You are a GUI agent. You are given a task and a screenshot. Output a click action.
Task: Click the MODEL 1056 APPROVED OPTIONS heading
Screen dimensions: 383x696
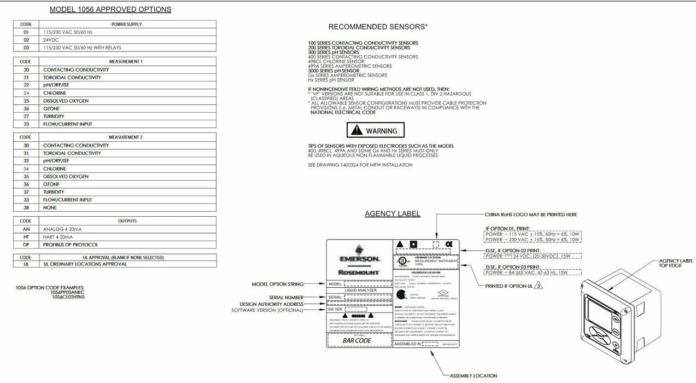[110, 9]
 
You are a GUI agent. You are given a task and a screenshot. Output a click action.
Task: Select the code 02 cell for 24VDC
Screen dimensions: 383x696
[26, 40]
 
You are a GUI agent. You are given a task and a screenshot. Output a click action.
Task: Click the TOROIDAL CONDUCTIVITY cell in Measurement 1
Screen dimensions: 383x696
[72, 78]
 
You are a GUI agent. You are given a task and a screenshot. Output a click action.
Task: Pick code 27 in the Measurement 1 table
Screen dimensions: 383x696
[26, 116]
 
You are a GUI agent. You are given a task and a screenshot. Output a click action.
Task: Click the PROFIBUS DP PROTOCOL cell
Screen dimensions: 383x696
[71, 245]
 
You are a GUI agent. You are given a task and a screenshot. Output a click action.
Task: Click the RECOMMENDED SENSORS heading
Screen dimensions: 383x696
[378, 26]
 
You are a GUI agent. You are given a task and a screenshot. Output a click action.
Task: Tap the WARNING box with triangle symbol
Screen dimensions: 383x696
[376, 131]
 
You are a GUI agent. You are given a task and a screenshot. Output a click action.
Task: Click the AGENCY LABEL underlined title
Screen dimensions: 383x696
[393, 213]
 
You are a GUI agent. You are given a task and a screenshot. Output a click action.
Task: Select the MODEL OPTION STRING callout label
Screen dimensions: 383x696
[277, 284]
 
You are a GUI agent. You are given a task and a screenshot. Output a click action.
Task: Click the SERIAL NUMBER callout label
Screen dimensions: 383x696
[285, 297]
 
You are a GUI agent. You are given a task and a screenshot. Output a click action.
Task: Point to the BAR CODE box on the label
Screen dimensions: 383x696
[357, 340]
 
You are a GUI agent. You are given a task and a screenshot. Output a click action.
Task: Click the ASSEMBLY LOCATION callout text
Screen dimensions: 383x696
[473, 376]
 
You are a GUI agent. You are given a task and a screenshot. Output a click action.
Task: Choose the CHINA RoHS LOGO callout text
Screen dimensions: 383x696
[530, 214]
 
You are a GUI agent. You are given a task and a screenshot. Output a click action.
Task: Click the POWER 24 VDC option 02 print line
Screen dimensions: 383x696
[532, 256]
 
